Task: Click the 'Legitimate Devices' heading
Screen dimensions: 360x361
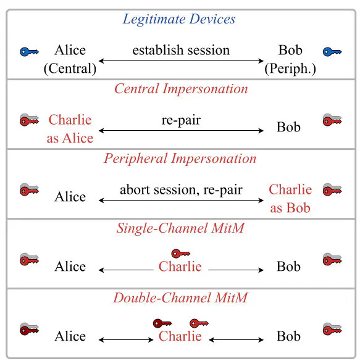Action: (179, 19)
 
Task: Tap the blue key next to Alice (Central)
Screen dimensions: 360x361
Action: (29, 52)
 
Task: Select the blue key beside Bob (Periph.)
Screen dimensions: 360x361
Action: (332, 52)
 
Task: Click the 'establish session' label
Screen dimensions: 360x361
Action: (181, 50)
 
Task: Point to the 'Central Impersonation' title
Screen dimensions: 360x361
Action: (181, 89)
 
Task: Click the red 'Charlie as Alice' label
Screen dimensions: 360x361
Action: (70, 129)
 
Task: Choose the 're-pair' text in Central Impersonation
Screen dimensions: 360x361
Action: (181, 120)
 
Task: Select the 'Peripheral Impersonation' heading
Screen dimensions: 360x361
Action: (180, 159)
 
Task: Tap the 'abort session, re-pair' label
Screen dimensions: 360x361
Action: (181, 190)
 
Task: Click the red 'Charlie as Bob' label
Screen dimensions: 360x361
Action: (290, 199)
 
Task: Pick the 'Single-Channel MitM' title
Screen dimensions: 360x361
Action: (180, 228)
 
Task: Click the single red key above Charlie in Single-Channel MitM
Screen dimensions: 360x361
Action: (181, 254)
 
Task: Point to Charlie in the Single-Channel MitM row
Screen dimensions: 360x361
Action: (180, 267)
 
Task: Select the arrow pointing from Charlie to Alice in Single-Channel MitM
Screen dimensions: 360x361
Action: (126, 270)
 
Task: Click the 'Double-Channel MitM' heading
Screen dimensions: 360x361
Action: (180, 298)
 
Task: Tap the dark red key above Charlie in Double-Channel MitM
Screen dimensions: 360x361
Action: (162, 323)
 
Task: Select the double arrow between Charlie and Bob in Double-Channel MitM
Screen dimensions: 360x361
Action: (236, 339)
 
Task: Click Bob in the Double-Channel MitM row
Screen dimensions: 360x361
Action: (288, 336)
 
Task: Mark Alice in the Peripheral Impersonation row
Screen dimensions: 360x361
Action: (70, 197)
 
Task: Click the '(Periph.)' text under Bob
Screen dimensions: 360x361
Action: (290, 69)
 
